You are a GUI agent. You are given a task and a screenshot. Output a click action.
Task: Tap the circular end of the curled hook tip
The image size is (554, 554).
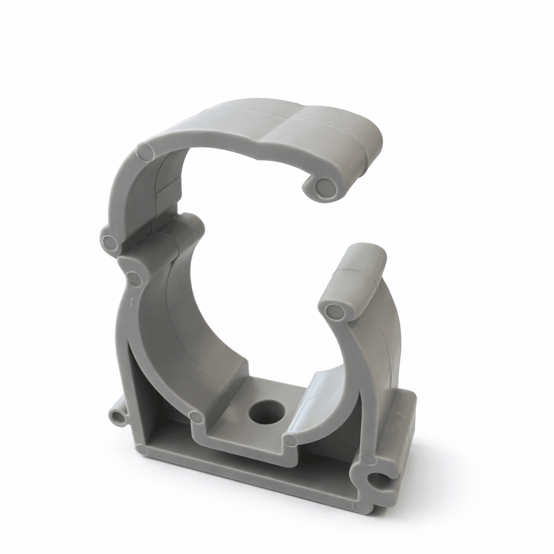[x=325, y=187]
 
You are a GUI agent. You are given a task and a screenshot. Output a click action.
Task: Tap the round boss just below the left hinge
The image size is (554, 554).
[x=134, y=279]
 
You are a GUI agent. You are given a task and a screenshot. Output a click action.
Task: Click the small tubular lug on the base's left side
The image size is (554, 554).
[x=117, y=415]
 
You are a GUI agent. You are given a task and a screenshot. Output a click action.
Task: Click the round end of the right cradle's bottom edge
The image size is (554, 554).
[x=291, y=440]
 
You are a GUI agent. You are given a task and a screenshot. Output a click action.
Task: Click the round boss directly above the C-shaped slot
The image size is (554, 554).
[x=368, y=460]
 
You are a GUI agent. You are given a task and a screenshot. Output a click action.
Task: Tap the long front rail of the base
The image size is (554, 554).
[x=249, y=471]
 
